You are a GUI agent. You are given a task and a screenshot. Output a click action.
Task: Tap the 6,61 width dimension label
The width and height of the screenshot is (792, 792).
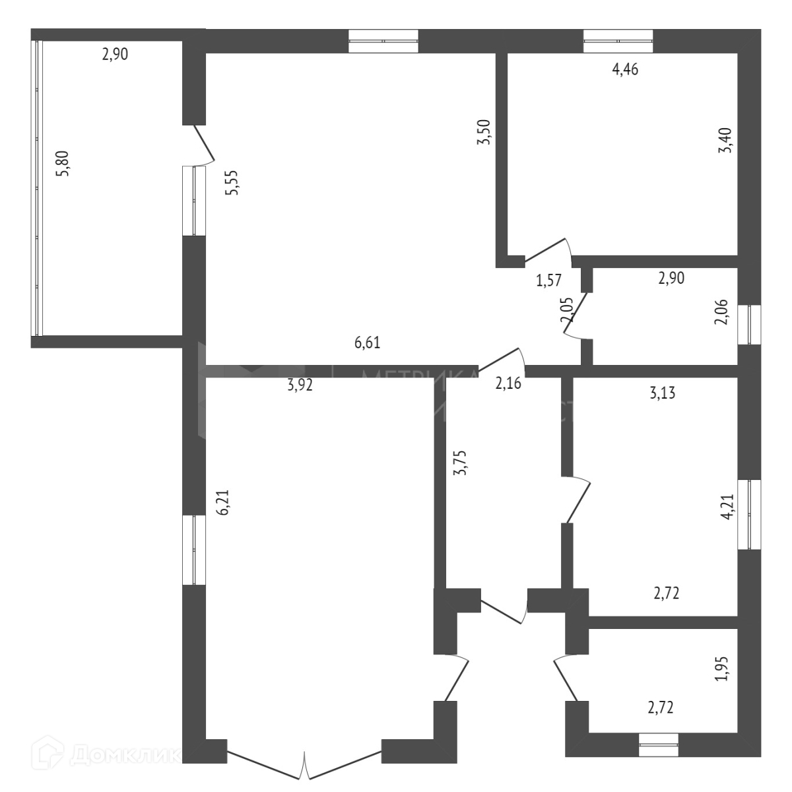368,343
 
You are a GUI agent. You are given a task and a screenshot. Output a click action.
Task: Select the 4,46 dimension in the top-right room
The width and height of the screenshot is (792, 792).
625,70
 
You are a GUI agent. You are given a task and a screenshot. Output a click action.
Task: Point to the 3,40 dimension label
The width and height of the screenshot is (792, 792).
725,141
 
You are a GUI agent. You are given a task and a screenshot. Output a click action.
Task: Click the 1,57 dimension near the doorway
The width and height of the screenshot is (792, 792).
548,280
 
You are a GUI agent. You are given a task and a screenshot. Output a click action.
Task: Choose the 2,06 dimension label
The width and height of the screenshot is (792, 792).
724,312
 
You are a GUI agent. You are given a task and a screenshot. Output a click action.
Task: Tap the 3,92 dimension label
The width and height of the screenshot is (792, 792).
300,385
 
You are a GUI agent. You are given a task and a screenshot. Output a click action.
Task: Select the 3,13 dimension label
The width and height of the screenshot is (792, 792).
663,394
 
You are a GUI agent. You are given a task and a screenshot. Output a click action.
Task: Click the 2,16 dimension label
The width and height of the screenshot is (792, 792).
508,383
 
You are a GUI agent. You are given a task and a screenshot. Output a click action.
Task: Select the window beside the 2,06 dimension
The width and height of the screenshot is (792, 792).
749,324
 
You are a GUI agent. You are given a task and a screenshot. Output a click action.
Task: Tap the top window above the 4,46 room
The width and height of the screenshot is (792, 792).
618,41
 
